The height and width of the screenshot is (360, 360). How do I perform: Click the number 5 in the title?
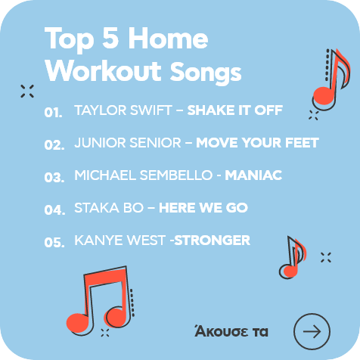click(x=110, y=38)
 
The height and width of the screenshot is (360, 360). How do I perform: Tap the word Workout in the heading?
click(x=103, y=70)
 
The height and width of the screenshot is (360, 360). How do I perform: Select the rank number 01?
click(x=53, y=112)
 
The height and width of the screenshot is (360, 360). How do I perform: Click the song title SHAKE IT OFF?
click(x=235, y=110)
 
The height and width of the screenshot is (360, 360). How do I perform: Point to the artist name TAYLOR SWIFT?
click(x=123, y=110)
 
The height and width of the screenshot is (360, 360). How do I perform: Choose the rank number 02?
click(x=54, y=144)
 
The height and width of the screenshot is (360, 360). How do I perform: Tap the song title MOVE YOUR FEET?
click(x=257, y=143)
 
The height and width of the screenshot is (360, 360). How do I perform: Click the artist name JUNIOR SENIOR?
click(x=128, y=143)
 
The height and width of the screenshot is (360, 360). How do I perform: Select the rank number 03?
click(x=54, y=177)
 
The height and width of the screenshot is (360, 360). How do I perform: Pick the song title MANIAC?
click(x=253, y=175)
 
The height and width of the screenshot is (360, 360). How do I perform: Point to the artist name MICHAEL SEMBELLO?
click(x=144, y=175)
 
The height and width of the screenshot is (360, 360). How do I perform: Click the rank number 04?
click(x=54, y=209)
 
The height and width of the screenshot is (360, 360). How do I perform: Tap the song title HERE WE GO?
click(x=203, y=208)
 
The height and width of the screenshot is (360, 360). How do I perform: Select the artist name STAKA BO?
click(x=109, y=208)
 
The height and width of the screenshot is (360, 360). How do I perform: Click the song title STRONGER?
click(x=213, y=240)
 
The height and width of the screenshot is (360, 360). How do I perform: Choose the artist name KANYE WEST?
click(x=120, y=240)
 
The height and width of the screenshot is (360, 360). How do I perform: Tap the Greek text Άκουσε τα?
click(x=231, y=331)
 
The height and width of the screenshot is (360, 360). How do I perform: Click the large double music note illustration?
click(x=101, y=301)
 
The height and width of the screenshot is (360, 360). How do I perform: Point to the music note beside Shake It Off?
click(x=331, y=80)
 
